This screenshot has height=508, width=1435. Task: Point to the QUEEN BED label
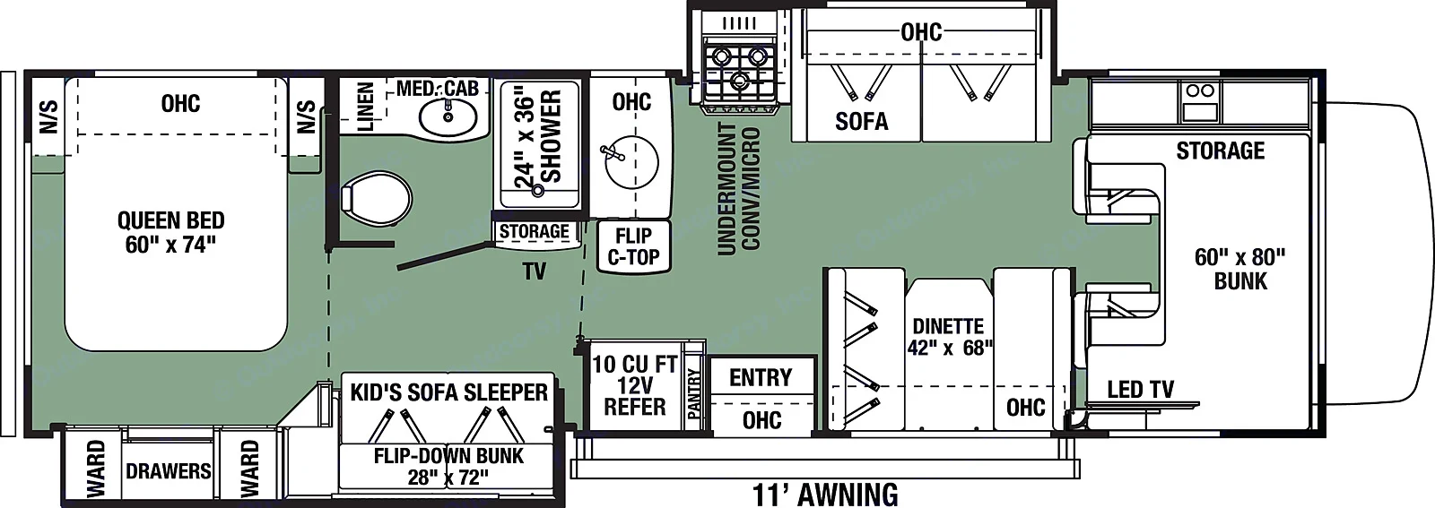[x=170, y=232]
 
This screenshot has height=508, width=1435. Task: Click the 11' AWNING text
[x=825, y=494]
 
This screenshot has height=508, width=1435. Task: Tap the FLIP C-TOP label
[x=633, y=246]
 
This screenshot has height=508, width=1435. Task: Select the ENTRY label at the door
[x=761, y=377]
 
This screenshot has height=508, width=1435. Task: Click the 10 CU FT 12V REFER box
[x=634, y=386]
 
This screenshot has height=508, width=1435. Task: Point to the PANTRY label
[x=693, y=393]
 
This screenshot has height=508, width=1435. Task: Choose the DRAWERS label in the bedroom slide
[x=169, y=471]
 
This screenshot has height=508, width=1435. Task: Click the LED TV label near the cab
[x=1140, y=390]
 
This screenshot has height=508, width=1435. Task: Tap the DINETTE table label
[x=949, y=336]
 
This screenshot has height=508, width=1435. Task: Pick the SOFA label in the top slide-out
[x=861, y=121]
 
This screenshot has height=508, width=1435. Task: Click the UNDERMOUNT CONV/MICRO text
[x=739, y=189]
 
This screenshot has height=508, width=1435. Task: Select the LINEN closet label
[x=365, y=107]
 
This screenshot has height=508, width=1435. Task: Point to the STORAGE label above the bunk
[x=1220, y=151]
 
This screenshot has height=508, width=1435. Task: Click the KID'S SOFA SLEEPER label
[x=448, y=392]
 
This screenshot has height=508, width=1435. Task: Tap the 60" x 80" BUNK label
[x=1239, y=269]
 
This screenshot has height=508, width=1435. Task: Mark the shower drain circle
[x=538, y=190]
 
